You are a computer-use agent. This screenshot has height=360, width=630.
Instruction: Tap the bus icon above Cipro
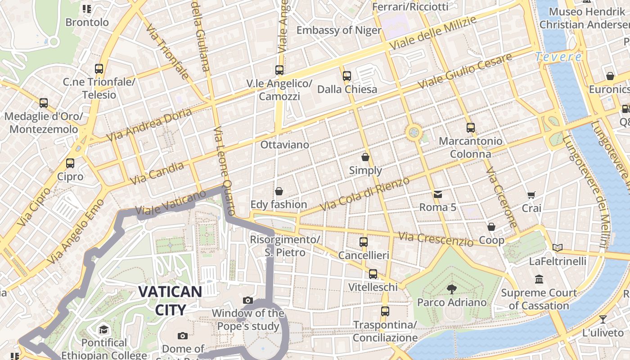[x=70, y=163]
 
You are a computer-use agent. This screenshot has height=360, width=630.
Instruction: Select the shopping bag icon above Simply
[x=365, y=157]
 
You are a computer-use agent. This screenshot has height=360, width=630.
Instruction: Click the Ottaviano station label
[x=285, y=145]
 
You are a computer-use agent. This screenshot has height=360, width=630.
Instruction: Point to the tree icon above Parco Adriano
[x=451, y=289]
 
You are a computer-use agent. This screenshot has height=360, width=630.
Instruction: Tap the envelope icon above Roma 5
[x=437, y=194]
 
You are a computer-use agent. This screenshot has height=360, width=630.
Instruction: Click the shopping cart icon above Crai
[x=531, y=195]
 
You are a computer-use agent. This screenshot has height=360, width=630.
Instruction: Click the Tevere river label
[x=558, y=57]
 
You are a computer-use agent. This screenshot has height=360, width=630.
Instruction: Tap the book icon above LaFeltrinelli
[x=558, y=247]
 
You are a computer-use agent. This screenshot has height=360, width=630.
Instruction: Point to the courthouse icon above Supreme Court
[x=539, y=279]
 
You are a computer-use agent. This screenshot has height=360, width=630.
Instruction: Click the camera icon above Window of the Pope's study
[x=247, y=300]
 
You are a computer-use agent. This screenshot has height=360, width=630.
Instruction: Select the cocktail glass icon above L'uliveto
[x=603, y=319]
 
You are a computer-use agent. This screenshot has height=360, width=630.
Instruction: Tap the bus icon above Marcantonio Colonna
[x=471, y=128]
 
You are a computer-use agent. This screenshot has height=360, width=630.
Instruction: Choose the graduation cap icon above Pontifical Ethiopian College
[x=104, y=329]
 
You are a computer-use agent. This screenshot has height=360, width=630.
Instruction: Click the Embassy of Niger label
[x=339, y=30]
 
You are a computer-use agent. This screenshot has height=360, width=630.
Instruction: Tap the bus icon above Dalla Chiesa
[x=347, y=76]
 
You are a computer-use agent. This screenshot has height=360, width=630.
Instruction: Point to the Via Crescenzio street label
[x=436, y=239]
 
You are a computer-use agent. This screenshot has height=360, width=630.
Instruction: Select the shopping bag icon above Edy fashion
[x=279, y=191]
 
